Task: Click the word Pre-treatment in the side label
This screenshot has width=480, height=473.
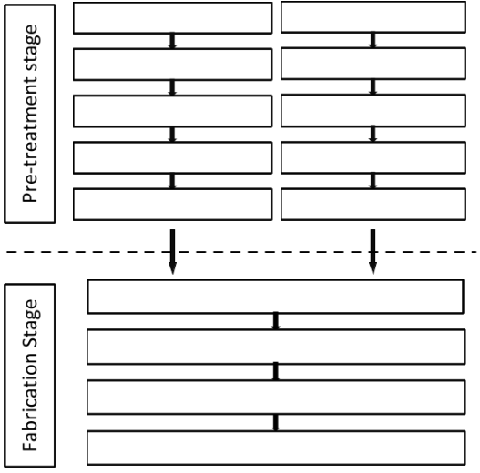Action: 30,140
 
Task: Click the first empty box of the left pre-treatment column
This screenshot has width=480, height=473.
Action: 172,17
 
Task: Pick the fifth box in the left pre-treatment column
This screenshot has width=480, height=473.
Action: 172,205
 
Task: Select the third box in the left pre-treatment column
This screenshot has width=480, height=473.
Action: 172,111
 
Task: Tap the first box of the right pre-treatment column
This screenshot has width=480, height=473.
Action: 373,16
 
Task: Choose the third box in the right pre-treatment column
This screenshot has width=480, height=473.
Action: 373,110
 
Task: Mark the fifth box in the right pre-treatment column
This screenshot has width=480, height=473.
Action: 373,205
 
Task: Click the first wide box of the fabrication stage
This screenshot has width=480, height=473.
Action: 275,297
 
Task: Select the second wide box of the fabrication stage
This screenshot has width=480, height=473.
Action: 276,347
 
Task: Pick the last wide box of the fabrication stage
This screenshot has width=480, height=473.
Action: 276,448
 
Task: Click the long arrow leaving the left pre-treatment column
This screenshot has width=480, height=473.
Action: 173,252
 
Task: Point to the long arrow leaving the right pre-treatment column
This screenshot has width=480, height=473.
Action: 373,252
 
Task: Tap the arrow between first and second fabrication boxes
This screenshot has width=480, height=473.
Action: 275,321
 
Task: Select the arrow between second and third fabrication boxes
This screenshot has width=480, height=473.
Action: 275,372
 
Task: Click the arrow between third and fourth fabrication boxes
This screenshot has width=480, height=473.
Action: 275,423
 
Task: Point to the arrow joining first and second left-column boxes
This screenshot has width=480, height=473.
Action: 172,41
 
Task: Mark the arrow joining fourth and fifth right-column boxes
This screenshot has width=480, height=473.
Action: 373,181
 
